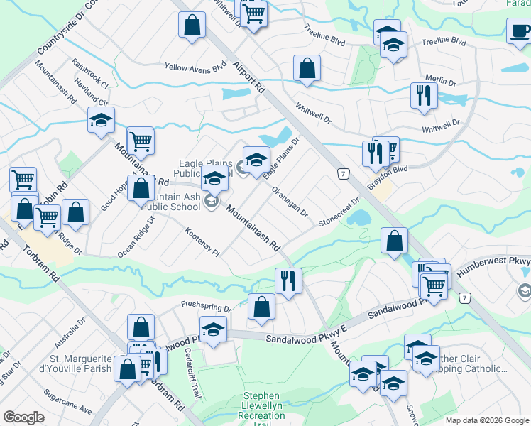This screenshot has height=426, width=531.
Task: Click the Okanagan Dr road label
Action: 289,202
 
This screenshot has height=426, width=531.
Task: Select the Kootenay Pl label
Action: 202,242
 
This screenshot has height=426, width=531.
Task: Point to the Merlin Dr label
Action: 440,80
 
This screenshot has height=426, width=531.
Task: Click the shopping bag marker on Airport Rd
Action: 307,69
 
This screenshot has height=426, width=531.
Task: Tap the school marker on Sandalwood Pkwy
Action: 212,328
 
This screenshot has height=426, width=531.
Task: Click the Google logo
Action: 23,417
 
